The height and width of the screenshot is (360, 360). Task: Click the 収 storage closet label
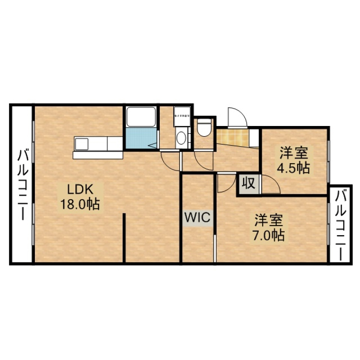(x=248, y=184)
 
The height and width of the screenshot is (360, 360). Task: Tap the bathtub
(x=141, y=117)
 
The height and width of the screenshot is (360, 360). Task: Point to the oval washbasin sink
(x=181, y=138)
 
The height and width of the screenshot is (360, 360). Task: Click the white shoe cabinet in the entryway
(x=255, y=138)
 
